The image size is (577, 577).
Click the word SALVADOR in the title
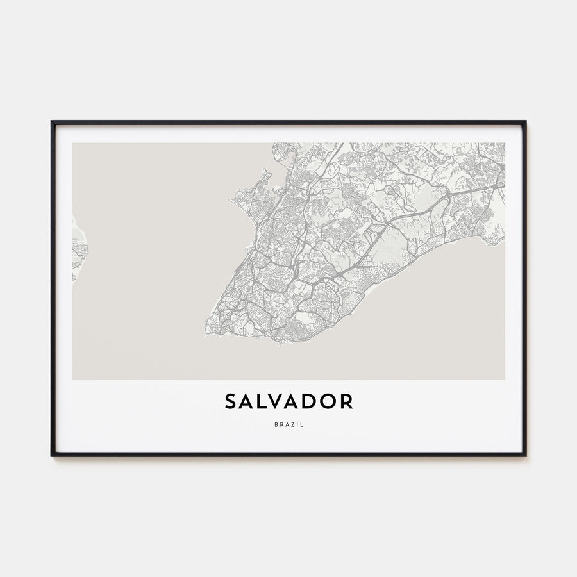point(288,402)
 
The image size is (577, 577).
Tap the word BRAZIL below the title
point(288,424)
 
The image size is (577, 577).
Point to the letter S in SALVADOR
point(231,402)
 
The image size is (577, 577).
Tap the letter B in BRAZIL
point(274,424)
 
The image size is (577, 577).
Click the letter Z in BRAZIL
point(291,424)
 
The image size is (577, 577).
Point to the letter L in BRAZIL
point(302,424)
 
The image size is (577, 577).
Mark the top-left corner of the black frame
point(52,121)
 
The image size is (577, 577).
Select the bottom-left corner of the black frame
point(52,455)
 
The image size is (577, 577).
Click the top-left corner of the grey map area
point(73,143)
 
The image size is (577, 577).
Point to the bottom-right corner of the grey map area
point(504,380)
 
